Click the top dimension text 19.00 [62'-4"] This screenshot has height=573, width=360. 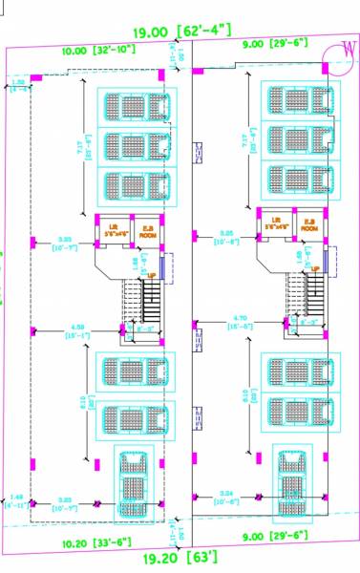pos(180,34)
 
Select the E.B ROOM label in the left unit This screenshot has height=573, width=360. pos(147,228)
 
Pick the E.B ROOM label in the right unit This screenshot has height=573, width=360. pos(308,226)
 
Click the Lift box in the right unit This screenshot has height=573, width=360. pos(276,226)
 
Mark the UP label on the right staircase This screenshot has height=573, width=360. pos(314,269)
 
